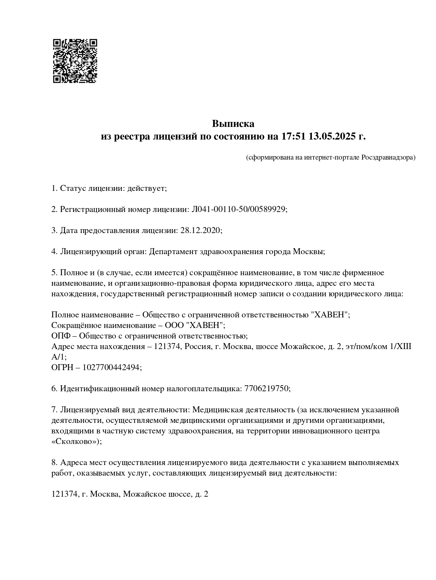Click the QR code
tap(75, 61)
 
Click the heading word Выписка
tap(233, 124)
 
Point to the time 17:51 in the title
tap(293, 136)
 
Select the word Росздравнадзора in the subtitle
tap(388, 157)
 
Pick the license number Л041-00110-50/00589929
tap(239, 210)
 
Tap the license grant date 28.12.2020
tap(200, 231)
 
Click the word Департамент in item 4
tap(173, 252)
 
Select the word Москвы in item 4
tap(308, 252)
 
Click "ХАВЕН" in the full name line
tap(330, 315)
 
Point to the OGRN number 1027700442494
tap(112, 368)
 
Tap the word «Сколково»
tap(75, 442)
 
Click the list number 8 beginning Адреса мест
tap(54, 463)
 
